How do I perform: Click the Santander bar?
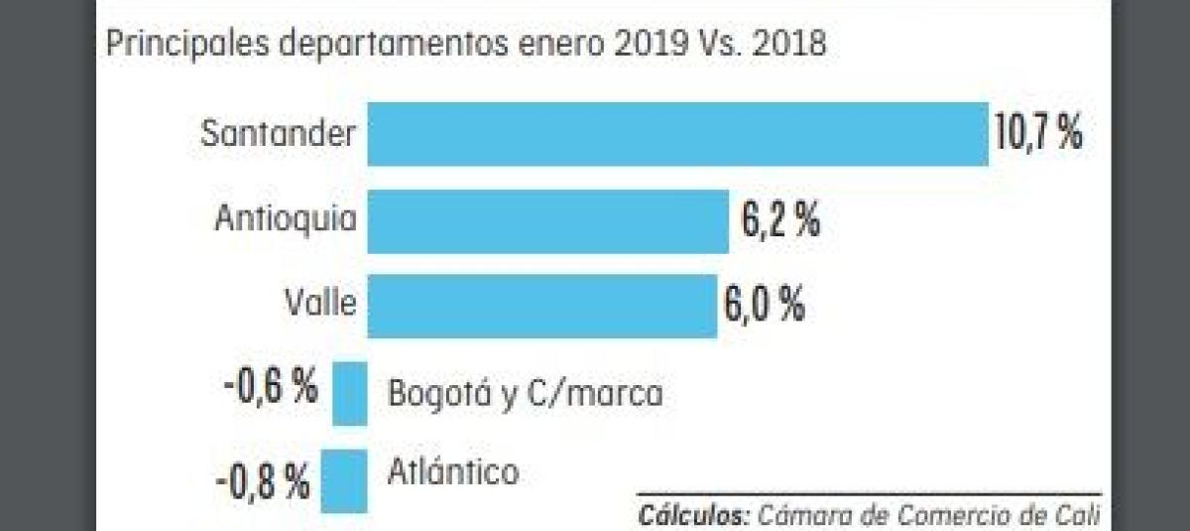(677, 134)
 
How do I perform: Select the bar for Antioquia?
(547, 221)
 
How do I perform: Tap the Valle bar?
(541, 307)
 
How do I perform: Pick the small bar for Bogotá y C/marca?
(349, 394)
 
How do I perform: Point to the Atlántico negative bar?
(343, 481)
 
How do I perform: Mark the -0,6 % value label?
(270, 388)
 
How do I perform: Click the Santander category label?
(278, 134)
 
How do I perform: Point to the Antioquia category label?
(286, 219)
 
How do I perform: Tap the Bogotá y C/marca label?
(525, 394)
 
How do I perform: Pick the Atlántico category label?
(453, 470)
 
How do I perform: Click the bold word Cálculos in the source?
(693, 516)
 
